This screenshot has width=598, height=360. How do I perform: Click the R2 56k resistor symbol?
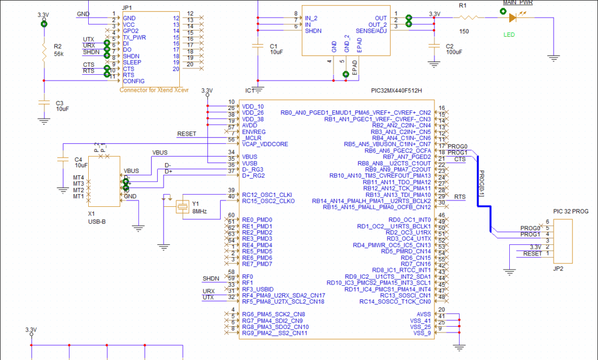click(44, 53)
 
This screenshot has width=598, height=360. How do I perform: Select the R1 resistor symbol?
click(470, 18)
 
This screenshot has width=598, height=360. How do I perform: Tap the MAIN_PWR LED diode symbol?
click(513, 18)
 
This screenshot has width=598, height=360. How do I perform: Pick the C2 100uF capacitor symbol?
click(433, 46)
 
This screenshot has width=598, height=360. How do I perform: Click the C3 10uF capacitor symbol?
click(44, 102)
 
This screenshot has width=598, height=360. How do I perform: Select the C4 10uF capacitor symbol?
click(63, 159)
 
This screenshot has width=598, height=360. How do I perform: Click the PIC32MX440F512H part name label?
click(396, 91)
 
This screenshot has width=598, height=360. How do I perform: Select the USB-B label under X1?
click(96, 221)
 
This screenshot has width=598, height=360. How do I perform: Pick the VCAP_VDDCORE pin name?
click(265, 144)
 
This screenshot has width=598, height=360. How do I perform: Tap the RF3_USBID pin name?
click(258, 289)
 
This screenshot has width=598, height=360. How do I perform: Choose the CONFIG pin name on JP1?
click(133, 81)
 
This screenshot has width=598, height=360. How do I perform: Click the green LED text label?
click(510, 35)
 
